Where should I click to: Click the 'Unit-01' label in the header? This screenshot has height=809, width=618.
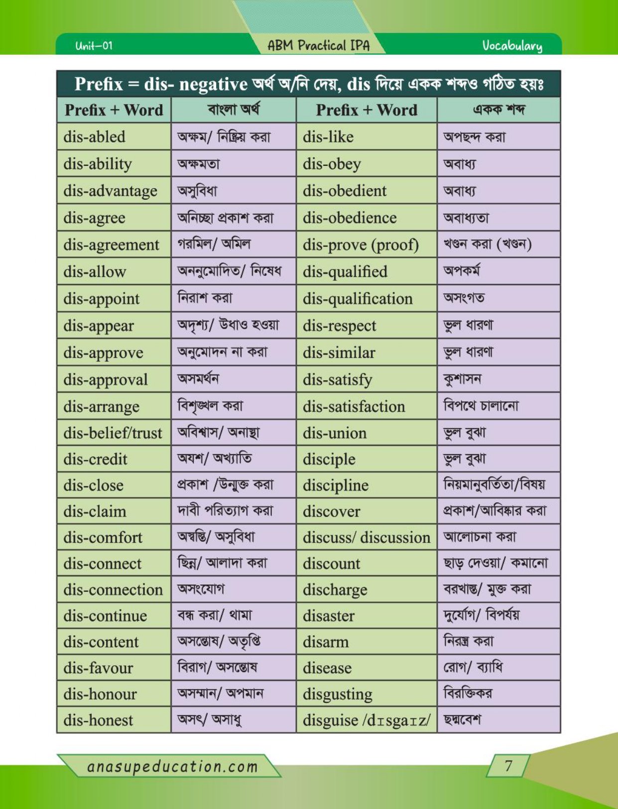[94, 46]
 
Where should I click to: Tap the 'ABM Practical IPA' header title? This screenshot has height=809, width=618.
[319, 45]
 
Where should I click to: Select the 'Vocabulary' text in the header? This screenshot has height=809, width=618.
[512, 46]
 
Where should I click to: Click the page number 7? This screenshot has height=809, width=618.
[508, 765]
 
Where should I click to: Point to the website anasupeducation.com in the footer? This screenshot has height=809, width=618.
[172, 766]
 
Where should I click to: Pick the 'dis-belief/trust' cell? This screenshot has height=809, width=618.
[113, 433]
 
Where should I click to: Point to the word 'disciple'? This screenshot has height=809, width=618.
[329, 459]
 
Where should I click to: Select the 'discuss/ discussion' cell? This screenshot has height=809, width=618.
[367, 537]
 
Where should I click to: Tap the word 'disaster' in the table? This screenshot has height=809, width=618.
[329, 616]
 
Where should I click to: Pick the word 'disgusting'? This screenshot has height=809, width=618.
[338, 694]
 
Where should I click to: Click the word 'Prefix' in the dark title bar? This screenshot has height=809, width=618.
[99, 84]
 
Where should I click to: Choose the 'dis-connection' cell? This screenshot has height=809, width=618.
[113, 589]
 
